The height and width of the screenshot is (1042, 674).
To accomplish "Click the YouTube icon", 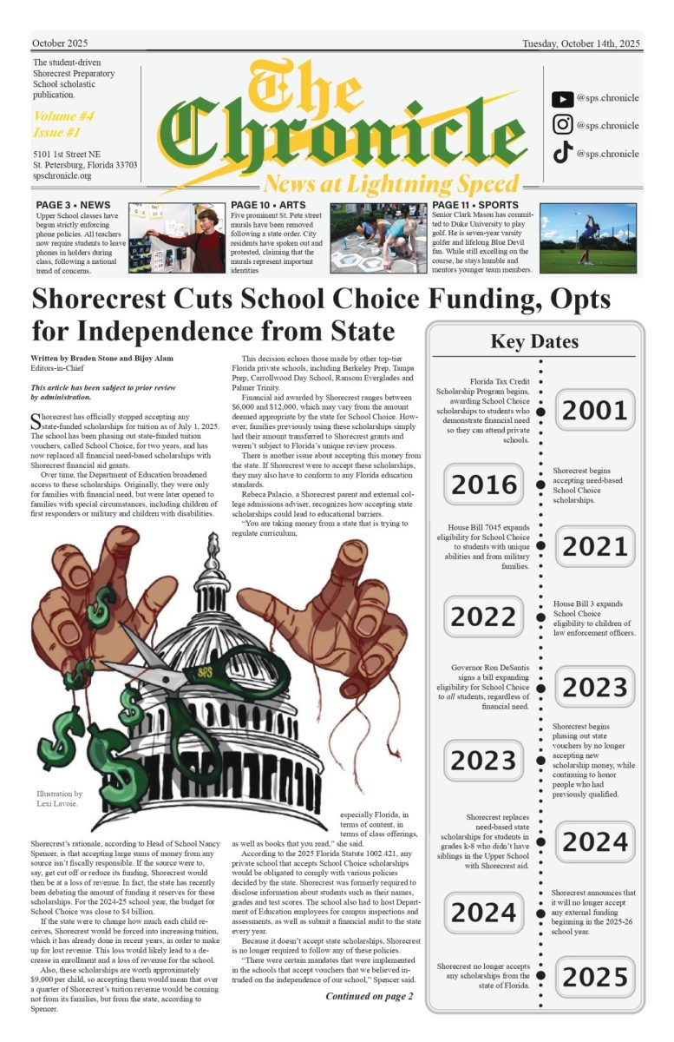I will (x=562, y=99).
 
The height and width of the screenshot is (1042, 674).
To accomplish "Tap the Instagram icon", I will (x=562, y=125).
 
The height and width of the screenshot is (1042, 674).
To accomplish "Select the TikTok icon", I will (x=562, y=154).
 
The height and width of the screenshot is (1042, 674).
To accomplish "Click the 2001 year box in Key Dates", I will (x=594, y=411).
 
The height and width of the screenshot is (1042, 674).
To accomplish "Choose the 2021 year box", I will (x=594, y=546).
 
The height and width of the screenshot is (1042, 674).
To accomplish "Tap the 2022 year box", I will (x=484, y=617).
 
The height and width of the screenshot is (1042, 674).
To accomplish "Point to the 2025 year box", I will (x=594, y=977).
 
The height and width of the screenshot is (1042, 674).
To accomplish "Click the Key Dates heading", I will (x=534, y=341).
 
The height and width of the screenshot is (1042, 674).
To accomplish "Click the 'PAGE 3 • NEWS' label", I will (x=74, y=205).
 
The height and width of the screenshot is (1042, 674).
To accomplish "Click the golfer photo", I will (x=587, y=238).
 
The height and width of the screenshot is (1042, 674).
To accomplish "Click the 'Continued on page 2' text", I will (x=369, y=995).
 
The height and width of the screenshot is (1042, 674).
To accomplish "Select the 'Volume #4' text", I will (x=63, y=115).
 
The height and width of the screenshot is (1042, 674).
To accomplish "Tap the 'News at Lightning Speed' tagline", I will (x=391, y=184).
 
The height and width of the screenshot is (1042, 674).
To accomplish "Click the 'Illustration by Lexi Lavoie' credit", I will (x=59, y=799).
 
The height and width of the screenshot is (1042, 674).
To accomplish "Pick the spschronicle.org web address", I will (x=62, y=175).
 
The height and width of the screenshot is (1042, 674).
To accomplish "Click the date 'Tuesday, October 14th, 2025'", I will (x=580, y=43).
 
